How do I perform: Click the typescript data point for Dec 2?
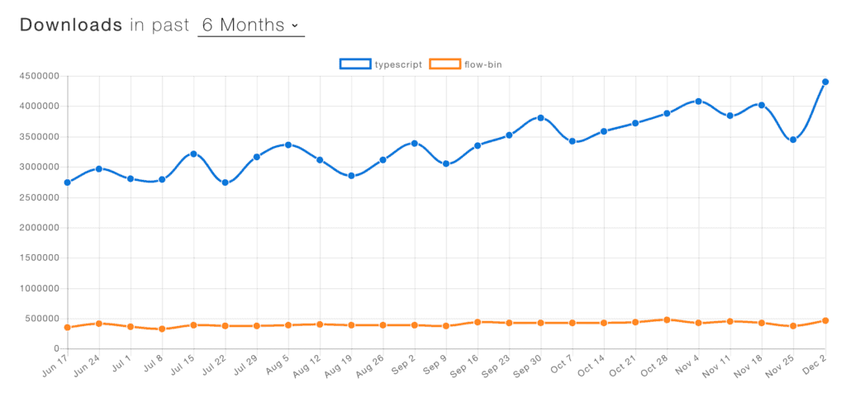[825, 82]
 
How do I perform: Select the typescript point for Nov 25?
[793, 140]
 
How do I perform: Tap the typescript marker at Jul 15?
[193, 154]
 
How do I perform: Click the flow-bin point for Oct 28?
[667, 319]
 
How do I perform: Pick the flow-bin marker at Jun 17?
[67, 328]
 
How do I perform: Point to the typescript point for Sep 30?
[540, 117]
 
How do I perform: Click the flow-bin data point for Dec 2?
[825, 320]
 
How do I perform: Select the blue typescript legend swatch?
[355, 64]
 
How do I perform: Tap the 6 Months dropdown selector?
[250, 25]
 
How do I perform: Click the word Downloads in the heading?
[71, 25]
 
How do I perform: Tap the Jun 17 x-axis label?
[55, 367]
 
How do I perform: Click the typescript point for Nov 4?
[698, 101]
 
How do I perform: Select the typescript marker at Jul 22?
[225, 182]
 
